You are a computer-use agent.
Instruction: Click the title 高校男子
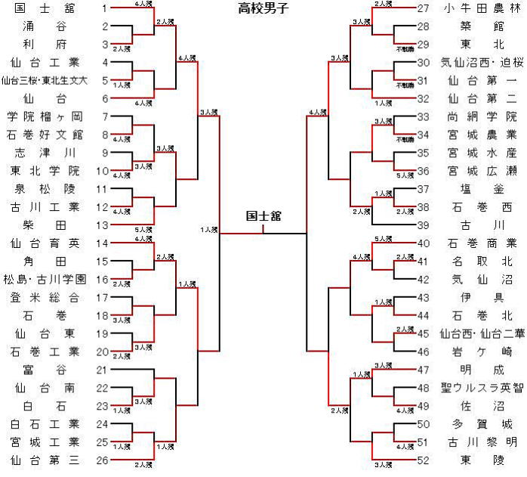pyautogui.click(x=263, y=9)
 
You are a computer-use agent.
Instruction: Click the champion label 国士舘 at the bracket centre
pyautogui.click(x=263, y=216)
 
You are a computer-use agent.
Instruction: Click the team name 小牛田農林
pyautogui.click(x=480, y=8)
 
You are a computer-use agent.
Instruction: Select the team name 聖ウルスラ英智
pyautogui.click(x=480, y=388)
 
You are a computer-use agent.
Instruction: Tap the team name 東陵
pyautogui.click(x=480, y=460)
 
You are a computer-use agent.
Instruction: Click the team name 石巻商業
pyautogui.click(x=480, y=243)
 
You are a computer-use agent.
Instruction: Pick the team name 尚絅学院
pyautogui.click(x=480, y=116)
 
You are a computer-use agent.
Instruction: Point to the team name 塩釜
pyautogui.click(x=480, y=189)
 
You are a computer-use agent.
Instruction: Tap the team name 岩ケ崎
pyautogui.click(x=480, y=352)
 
